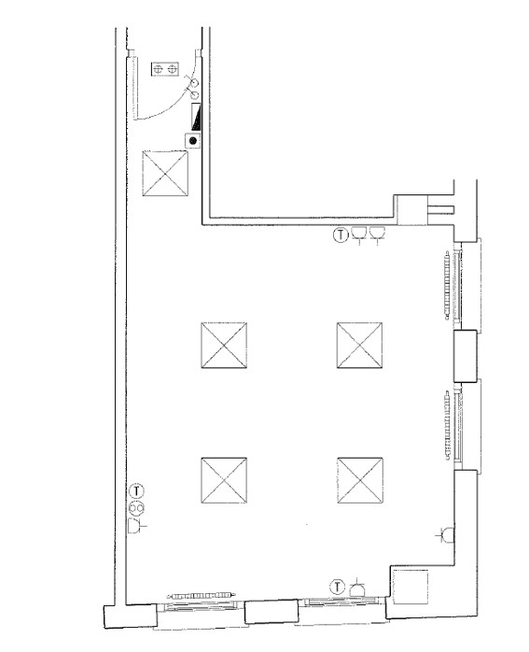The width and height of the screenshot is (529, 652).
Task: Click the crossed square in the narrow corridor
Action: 165,173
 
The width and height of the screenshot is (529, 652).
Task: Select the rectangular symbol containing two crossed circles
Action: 165,69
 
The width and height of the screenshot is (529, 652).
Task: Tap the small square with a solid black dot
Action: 193,141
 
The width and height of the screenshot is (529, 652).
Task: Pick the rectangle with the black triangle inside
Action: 196,116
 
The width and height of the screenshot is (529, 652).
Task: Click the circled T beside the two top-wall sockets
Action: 341,235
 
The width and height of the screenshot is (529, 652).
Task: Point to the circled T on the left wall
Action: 136,491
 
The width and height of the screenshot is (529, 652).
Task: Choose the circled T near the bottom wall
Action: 338,588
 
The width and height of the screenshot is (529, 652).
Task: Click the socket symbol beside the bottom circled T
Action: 357,588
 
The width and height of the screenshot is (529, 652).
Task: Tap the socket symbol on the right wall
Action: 446,535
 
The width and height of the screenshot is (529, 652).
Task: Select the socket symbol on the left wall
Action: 136,526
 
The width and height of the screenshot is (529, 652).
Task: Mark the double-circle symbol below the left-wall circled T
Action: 136,508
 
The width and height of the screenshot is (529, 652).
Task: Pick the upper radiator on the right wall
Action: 448,285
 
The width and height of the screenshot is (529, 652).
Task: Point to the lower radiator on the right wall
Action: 448,425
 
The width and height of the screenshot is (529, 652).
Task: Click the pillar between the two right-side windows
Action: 465,356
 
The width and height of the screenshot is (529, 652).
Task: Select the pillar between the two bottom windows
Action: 271,611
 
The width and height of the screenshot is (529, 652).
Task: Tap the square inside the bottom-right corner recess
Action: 411,588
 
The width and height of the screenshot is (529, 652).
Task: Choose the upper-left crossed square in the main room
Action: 224,345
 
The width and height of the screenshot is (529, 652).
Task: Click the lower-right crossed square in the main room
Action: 360,480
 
